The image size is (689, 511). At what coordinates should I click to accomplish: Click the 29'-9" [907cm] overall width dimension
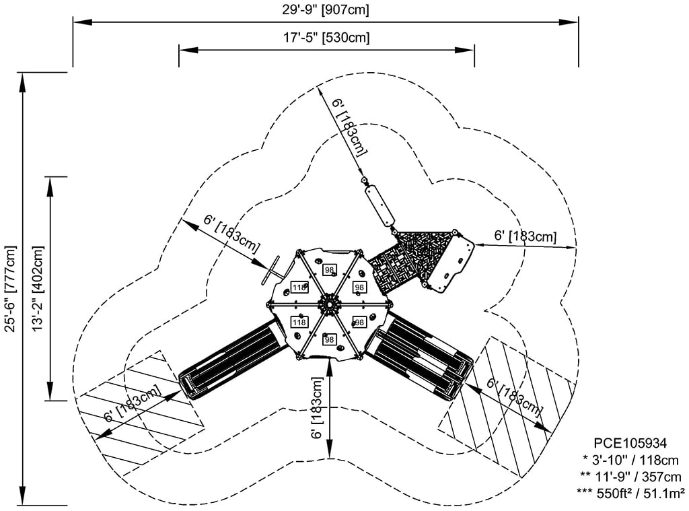tap(326, 9)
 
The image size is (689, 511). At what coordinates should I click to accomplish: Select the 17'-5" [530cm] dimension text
tap(326, 38)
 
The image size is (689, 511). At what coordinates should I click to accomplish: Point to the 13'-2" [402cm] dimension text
tap(38, 288)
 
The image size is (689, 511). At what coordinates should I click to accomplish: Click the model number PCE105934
tap(630, 443)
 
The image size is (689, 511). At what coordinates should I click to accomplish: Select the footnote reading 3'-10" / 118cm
tap(630, 460)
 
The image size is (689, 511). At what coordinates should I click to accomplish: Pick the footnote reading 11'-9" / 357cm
tap(630, 477)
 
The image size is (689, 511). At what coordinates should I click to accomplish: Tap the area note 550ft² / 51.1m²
tap(630, 493)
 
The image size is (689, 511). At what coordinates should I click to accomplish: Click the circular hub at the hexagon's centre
tap(329, 304)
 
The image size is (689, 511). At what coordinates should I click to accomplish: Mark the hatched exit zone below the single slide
tap(141, 413)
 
